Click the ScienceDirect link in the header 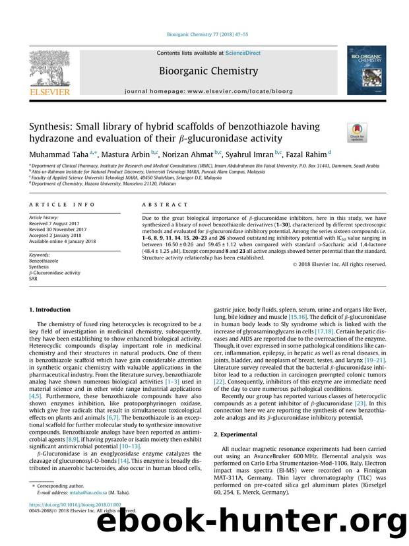pos(244,53)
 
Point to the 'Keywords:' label pos(42,254)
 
